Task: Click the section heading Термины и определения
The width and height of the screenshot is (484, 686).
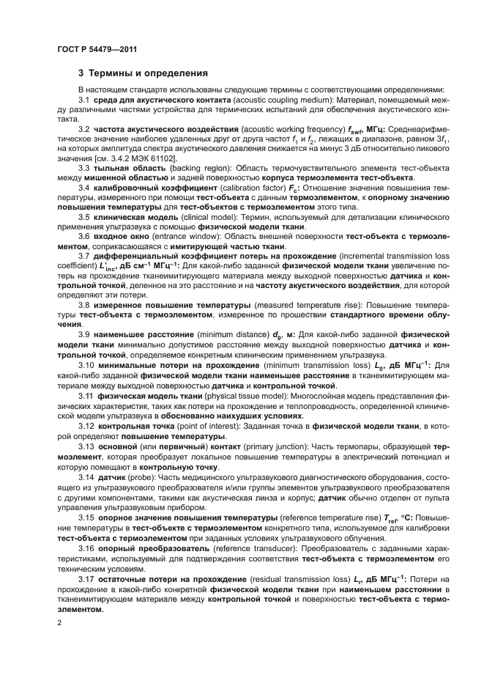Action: pos(150,73)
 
